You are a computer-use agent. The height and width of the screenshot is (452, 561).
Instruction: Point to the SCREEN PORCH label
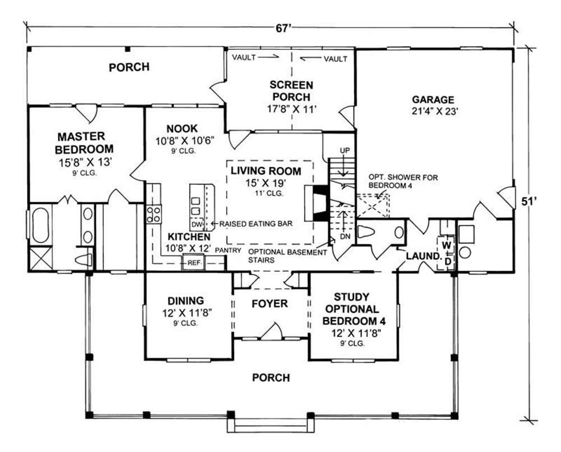point(291,91)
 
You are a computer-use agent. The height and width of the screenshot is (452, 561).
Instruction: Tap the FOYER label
point(270,304)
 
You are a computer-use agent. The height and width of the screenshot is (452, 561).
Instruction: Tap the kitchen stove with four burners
point(154,214)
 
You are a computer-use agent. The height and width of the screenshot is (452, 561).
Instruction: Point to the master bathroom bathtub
point(40,225)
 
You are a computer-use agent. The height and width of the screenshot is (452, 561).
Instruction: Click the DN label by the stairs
point(344,238)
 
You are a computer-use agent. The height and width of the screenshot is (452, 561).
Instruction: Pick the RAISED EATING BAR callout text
point(256,224)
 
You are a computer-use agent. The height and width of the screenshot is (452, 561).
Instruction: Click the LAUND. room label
point(423,256)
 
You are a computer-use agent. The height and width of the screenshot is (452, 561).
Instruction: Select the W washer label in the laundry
point(447,245)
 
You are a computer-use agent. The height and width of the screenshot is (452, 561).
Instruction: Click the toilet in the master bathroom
point(84,260)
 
